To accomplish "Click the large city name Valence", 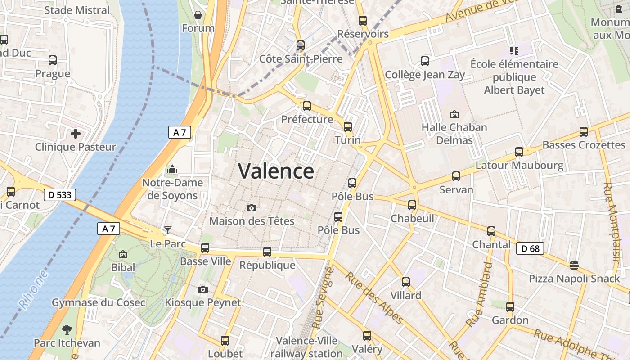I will click(x=276, y=171).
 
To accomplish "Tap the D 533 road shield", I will click(x=59, y=195).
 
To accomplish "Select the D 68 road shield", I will click(x=530, y=248).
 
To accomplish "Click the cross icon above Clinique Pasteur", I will click(x=76, y=133).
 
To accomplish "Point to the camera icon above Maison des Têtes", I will click(x=252, y=207).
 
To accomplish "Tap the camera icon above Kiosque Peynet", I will click(x=203, y=289).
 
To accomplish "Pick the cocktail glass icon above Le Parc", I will click(x=167, y=230).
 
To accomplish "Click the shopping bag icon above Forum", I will click(x=198, y=15).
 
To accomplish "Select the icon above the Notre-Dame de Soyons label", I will click(x=172, y=170).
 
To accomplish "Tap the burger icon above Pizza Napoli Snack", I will click(x=574, y=265).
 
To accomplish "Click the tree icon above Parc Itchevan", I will click(x=67, y=329).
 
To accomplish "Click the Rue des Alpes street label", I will click(x=374, y=297).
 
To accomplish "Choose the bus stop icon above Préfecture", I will click(x=307, y=106).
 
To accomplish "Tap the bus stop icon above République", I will click(x=267, y=252).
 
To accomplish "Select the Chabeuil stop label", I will click(x=412, y=218).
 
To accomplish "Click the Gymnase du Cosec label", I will click(x=99, y=302).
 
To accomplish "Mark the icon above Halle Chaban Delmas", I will click(x=454, y=114).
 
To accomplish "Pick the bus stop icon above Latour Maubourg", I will click(x=519, y=152).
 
